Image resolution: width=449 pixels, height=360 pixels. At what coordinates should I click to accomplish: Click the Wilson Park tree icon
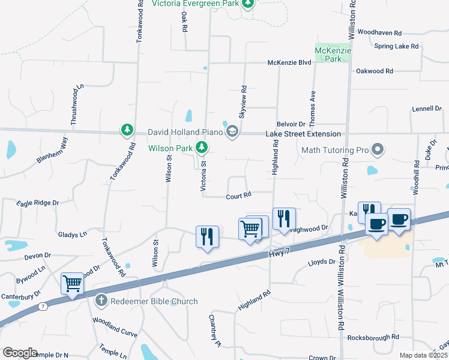click(202, 147)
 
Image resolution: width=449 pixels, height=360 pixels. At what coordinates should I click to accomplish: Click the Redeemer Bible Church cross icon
click(101, 301)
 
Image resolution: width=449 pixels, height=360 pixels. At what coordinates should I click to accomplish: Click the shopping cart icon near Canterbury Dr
click(72, 283)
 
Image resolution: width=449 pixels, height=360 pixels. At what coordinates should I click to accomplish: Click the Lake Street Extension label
click(303, 134)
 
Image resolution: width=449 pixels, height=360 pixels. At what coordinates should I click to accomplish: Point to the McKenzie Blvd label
click(289, 62)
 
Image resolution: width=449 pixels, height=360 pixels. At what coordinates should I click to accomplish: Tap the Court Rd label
click(238, 196)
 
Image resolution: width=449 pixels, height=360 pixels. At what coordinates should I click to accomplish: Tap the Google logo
click(20, 353)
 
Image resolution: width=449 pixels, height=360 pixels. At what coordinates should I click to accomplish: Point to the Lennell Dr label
click(427, 109)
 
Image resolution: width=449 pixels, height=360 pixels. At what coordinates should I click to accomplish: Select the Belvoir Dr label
click(291, 123)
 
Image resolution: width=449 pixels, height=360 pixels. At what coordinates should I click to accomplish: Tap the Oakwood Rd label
click(374, 71)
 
